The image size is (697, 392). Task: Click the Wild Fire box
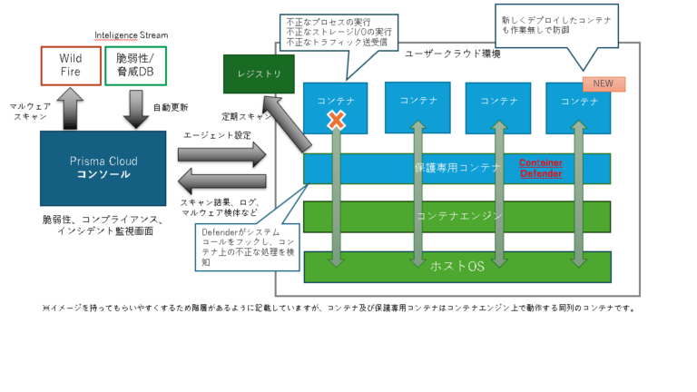[x=71, y=65]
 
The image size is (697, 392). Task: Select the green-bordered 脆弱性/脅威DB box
[x=135, y=65]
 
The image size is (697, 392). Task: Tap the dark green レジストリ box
[x=259, y=74]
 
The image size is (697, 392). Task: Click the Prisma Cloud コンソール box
[x=103, y=168]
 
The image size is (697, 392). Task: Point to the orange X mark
[x=337, y=119]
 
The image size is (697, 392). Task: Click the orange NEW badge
[x=603, y=83]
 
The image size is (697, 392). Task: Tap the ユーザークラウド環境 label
[x=452, y=54]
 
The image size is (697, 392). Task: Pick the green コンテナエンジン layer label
[x=456, y=216]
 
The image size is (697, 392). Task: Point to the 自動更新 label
[x=171, y=107]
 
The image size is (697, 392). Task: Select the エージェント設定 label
[x=217, y=135]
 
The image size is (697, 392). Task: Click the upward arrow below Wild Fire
[x=71, y=108]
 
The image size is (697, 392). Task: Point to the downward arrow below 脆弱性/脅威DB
[x=135, y=108]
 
